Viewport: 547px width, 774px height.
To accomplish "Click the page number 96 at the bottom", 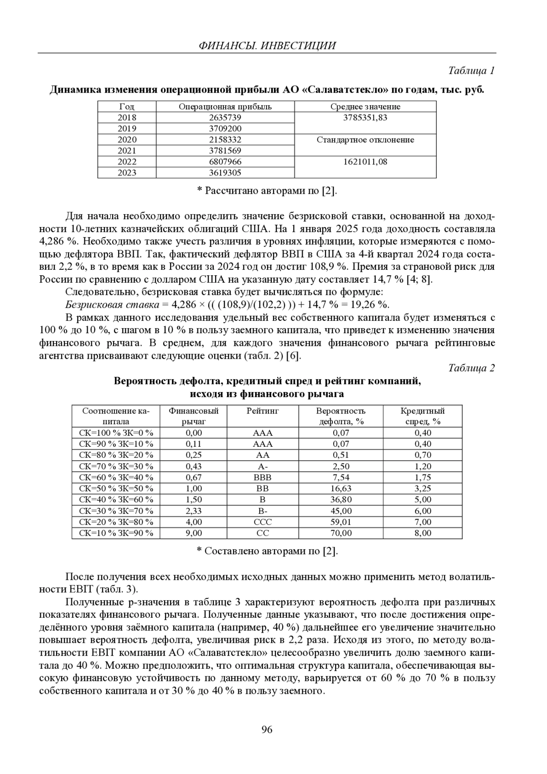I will (x=267, y=730).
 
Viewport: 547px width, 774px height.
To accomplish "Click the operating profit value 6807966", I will (x=225, y=162).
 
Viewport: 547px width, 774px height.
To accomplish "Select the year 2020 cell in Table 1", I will (x=127, y=140).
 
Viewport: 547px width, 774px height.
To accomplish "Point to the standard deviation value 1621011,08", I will (x=365, y=162).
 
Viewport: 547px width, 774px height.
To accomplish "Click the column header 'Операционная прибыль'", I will (x=225, y=107).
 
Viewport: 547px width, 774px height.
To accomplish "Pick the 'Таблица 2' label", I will (x=471, y=368).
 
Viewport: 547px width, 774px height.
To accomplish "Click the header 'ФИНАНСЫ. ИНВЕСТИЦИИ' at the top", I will (x=267, y=46).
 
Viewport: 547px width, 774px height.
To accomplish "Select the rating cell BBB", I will (x=263, y=478).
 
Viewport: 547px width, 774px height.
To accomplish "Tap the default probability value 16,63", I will (x=341, y=489).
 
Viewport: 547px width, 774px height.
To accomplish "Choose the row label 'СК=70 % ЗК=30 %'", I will (x=116, y=466).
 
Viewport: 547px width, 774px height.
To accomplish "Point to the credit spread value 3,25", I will (x=423, y=489).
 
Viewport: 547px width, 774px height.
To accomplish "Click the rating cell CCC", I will (x=263, y=522).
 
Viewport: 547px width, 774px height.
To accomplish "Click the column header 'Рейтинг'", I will (x=263, y=411).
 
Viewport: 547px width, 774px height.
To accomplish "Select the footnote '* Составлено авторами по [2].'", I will (x=267, y=551).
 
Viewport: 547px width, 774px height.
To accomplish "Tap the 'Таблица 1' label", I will (x=471, y=71).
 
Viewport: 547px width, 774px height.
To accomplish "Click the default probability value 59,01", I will (x=341, y=522).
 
